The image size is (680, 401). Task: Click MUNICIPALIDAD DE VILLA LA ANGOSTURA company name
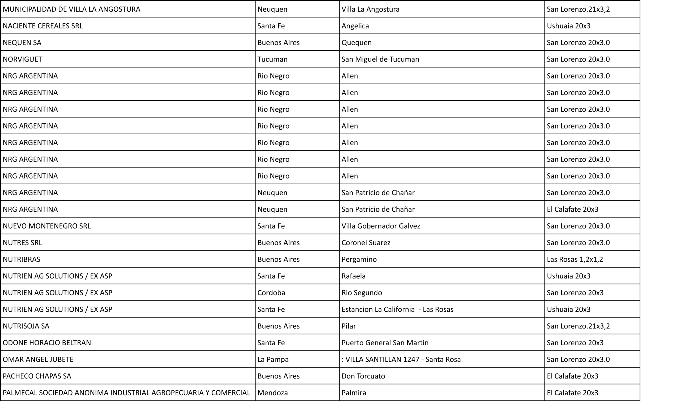71,9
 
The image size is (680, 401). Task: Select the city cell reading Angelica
355,26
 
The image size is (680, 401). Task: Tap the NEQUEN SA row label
22,43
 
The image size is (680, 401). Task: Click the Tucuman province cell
272,59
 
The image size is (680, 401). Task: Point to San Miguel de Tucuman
380,59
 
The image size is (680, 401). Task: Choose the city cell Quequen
356,43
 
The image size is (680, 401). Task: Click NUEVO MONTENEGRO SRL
46,226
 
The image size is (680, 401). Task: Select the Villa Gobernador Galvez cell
380,226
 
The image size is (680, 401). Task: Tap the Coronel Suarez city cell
365,243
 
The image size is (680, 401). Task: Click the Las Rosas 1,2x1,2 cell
575,259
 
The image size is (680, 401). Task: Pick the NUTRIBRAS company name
21,259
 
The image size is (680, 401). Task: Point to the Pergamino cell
359,259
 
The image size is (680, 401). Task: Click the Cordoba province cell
271,293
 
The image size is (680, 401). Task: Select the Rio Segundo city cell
362,293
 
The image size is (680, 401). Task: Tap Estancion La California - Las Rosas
397,310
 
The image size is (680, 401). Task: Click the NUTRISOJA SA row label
26,326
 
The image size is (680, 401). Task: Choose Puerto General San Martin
385,343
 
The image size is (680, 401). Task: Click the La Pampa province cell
273,359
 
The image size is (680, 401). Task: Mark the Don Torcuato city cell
363,376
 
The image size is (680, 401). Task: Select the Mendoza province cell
273,393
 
